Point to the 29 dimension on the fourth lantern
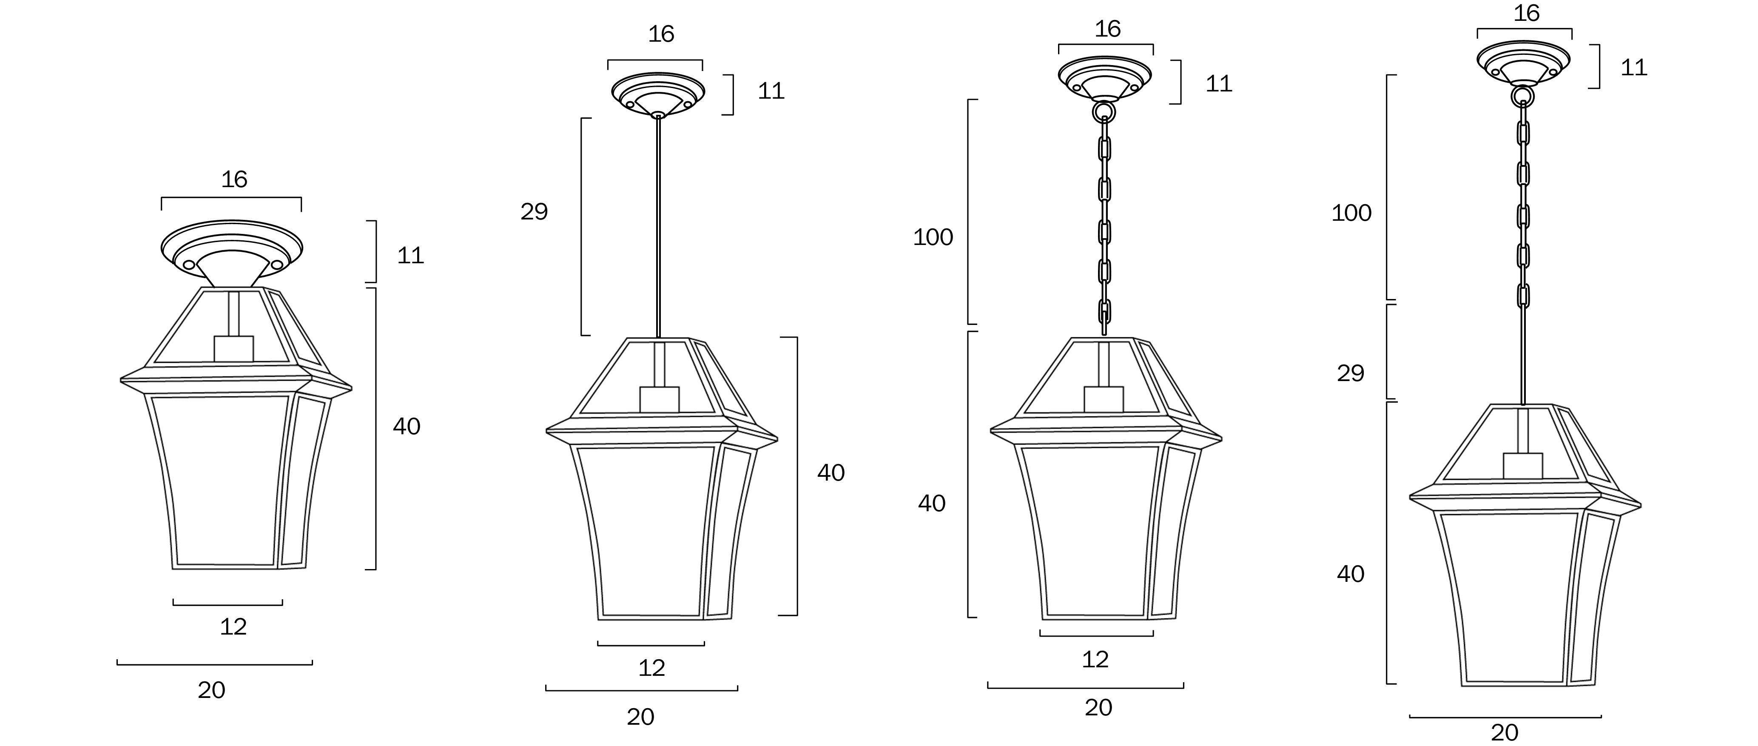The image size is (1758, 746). tap(1350, 373)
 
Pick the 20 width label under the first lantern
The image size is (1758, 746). tap(211, 690)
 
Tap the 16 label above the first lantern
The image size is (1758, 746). tap(233, 179)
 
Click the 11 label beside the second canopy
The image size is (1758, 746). tap(771, 91)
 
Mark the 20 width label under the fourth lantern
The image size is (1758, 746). tap(1504, 732)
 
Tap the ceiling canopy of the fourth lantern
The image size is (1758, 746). tap(1523, 61)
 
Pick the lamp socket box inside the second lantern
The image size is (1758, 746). tap(659, 399)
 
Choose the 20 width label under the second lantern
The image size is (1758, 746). tap(640, 717)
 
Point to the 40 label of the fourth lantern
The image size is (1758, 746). tap(1350, 574)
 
